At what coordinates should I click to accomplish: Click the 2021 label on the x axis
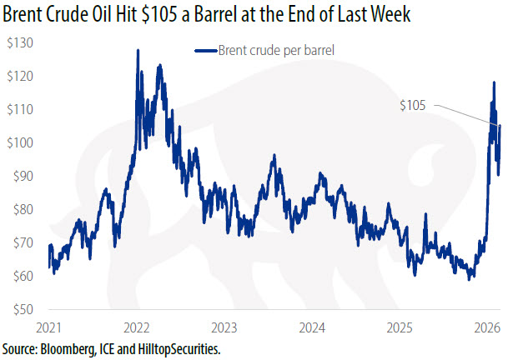50,327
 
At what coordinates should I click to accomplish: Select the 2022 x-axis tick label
137,327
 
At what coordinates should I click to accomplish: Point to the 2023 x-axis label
225,327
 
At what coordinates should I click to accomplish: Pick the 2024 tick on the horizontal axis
312,327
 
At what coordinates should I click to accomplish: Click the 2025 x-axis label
400,327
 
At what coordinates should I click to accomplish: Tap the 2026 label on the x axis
487,327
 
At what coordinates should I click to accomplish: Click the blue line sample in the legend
204,51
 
